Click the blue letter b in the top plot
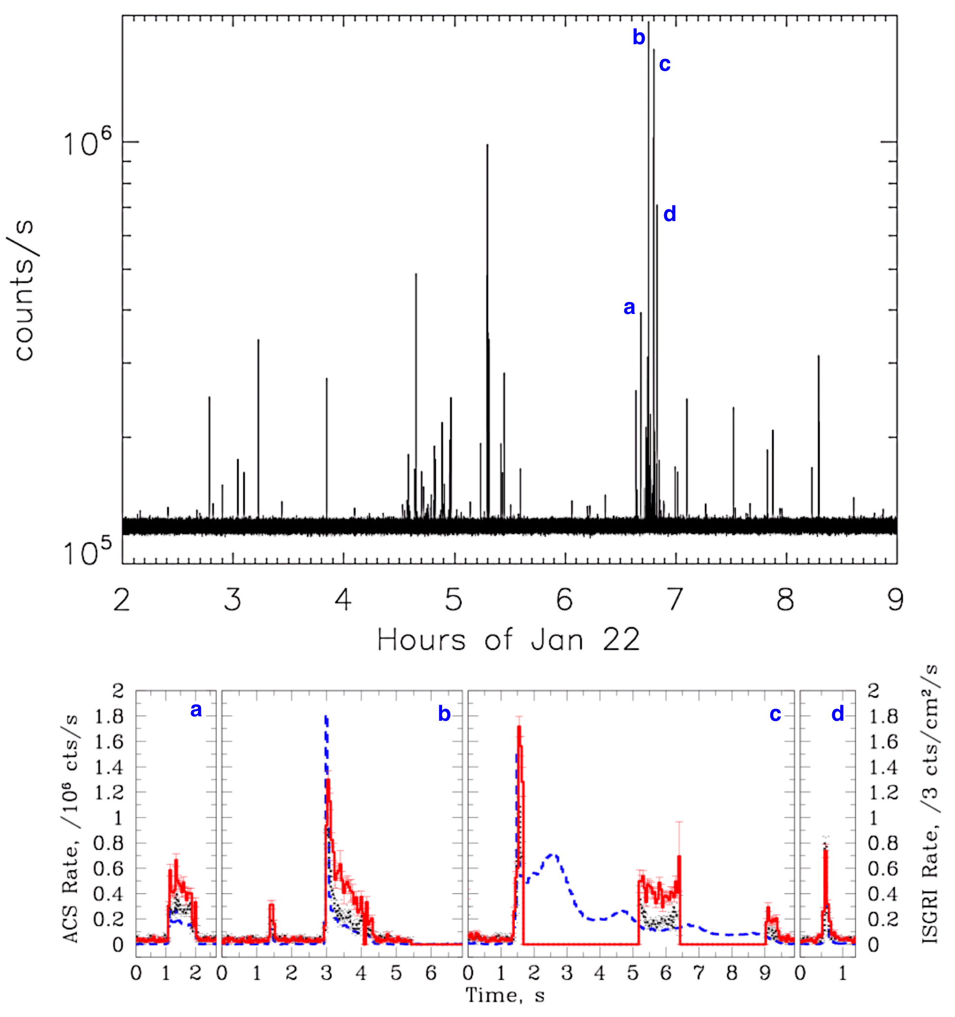(638, 37)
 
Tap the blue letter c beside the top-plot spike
(665, 64)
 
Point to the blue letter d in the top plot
(670, 214)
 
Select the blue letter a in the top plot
(629, 307)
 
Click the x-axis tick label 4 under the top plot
(343, 599)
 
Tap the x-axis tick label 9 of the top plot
(896, 599)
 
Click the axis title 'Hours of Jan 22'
(508, 640)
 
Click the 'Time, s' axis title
(505, 995)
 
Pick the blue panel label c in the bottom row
(775, 714)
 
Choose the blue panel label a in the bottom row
(196, 710)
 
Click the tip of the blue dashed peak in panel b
(326, 717)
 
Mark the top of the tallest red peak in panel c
(519, 727)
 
